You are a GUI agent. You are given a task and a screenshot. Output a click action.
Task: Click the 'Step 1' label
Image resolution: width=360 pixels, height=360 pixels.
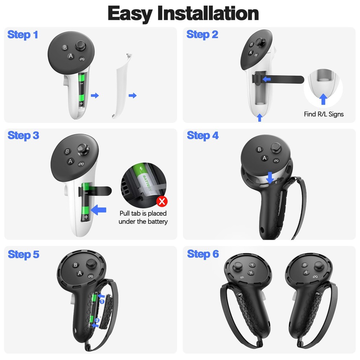point(23,35)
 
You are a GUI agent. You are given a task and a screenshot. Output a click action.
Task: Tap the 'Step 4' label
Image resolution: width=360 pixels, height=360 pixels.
point(203,136)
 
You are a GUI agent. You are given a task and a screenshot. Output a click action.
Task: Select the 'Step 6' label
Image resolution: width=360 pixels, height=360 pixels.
point(203,254)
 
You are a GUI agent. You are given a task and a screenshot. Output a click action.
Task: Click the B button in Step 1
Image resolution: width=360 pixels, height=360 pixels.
point(65,47)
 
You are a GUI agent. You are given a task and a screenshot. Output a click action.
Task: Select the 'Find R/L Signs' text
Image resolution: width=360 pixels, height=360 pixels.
point(323,114)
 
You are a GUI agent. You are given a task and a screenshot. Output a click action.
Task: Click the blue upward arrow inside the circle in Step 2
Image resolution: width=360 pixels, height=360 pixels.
point(323,98)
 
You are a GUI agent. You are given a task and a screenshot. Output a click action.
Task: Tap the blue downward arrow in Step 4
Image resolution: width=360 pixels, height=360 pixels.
point(270,176)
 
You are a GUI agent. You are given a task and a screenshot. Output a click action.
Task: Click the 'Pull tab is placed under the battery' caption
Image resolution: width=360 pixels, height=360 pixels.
point(143,217)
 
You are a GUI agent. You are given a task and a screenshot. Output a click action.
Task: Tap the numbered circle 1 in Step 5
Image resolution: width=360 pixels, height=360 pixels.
point(102,301)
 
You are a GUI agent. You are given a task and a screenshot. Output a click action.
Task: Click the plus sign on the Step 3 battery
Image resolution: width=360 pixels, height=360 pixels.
point(86,217)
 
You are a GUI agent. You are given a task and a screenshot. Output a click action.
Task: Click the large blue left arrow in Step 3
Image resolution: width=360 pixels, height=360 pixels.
point(99,209)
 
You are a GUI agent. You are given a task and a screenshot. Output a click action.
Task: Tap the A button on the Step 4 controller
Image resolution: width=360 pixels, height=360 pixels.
point(264,158)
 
